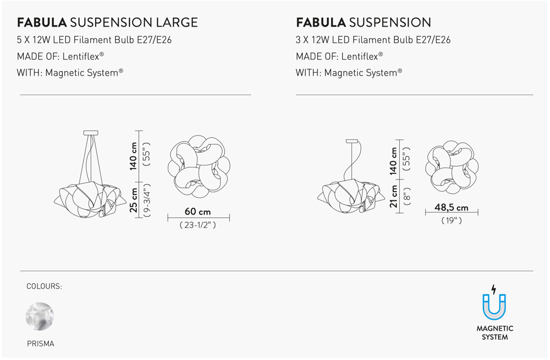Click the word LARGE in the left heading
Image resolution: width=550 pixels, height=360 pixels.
click(x=177, y=23)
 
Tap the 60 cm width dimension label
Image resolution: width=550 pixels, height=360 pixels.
click(x=198, y=211)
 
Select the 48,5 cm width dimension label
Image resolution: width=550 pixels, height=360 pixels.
click(x=452, y=207)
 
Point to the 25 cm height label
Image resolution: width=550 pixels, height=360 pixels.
click(x=133, y=200)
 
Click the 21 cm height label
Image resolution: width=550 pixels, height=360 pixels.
click(x=394, y=197)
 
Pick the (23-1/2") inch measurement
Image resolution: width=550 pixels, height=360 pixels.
click(x=198, y=225)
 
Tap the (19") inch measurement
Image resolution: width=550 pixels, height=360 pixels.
click(x=452, y=221)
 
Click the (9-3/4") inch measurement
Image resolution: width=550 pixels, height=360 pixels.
click(x=147, y=200)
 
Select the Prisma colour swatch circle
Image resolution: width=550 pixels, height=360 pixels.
click(x=40, y=316)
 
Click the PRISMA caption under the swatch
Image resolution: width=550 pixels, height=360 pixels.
click(x=41, y=343)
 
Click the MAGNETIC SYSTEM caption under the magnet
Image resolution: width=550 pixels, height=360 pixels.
click(x=494, y=333)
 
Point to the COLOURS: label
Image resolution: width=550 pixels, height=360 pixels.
click(x=44, y=286)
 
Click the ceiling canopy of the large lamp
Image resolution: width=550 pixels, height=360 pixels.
click(x=91, y=133)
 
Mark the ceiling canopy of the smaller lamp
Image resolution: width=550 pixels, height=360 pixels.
click(x=352, y=141)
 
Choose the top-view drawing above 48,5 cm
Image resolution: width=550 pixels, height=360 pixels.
click(x=452, y=167)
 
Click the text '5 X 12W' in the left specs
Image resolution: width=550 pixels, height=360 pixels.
click(x=34, y=40)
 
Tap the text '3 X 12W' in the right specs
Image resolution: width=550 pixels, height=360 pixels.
click(x=312, y=40)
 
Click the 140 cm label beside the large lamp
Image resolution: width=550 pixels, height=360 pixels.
click(x=133, y=156)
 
